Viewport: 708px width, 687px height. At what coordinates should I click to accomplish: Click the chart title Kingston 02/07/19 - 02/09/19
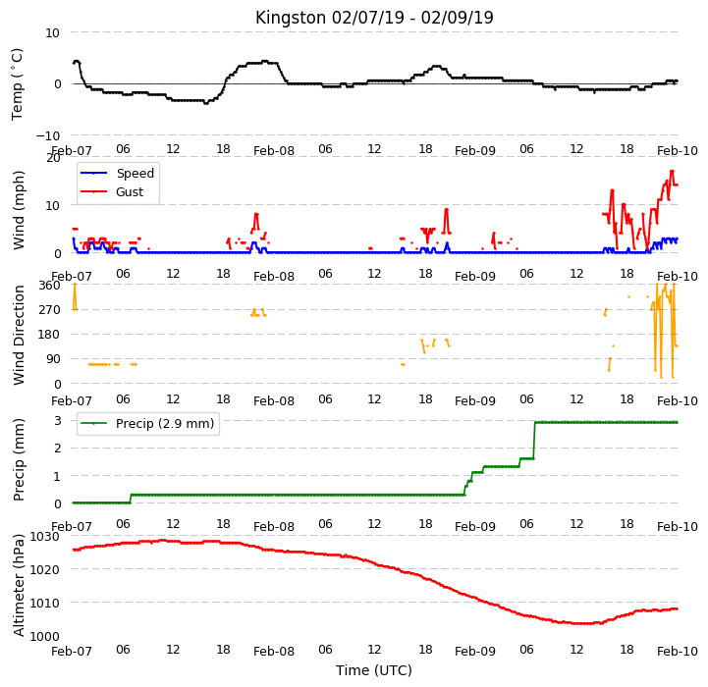(x=374, y=18)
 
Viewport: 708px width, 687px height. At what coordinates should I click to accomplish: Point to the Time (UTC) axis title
(x=374, y=670)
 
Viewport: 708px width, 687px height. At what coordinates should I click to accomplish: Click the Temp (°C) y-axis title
(x=17, y=84)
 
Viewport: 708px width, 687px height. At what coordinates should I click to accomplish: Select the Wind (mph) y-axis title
(x=19, y=210)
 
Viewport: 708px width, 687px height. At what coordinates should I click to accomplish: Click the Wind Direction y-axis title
(x=19, y=335)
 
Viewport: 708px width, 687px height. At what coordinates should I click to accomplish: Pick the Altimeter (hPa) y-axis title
(x=19, y=585)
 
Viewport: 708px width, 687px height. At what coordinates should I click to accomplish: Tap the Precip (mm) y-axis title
(x=19, y=459)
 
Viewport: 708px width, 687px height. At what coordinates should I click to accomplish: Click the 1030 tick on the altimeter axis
(x=45, y=536)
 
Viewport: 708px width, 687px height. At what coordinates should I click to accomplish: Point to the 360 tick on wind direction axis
(x=49, y=286)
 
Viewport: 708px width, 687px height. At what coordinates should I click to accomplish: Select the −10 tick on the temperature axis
(x=47, y=135)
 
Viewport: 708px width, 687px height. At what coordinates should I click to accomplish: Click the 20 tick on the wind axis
(x=53, y=158)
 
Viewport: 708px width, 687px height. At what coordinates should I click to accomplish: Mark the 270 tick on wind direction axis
(x=49, y=310)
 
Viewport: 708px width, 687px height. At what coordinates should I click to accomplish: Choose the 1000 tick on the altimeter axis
(x=45, y=636)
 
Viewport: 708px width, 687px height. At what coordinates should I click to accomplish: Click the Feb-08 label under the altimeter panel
(x=274, y=652)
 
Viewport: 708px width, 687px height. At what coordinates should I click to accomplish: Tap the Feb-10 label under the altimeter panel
(x=678, y=652)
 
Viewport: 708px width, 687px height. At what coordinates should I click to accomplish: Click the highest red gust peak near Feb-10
(x=672, y=171)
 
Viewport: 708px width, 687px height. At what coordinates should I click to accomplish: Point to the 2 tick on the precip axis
(x=57, y=449)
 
